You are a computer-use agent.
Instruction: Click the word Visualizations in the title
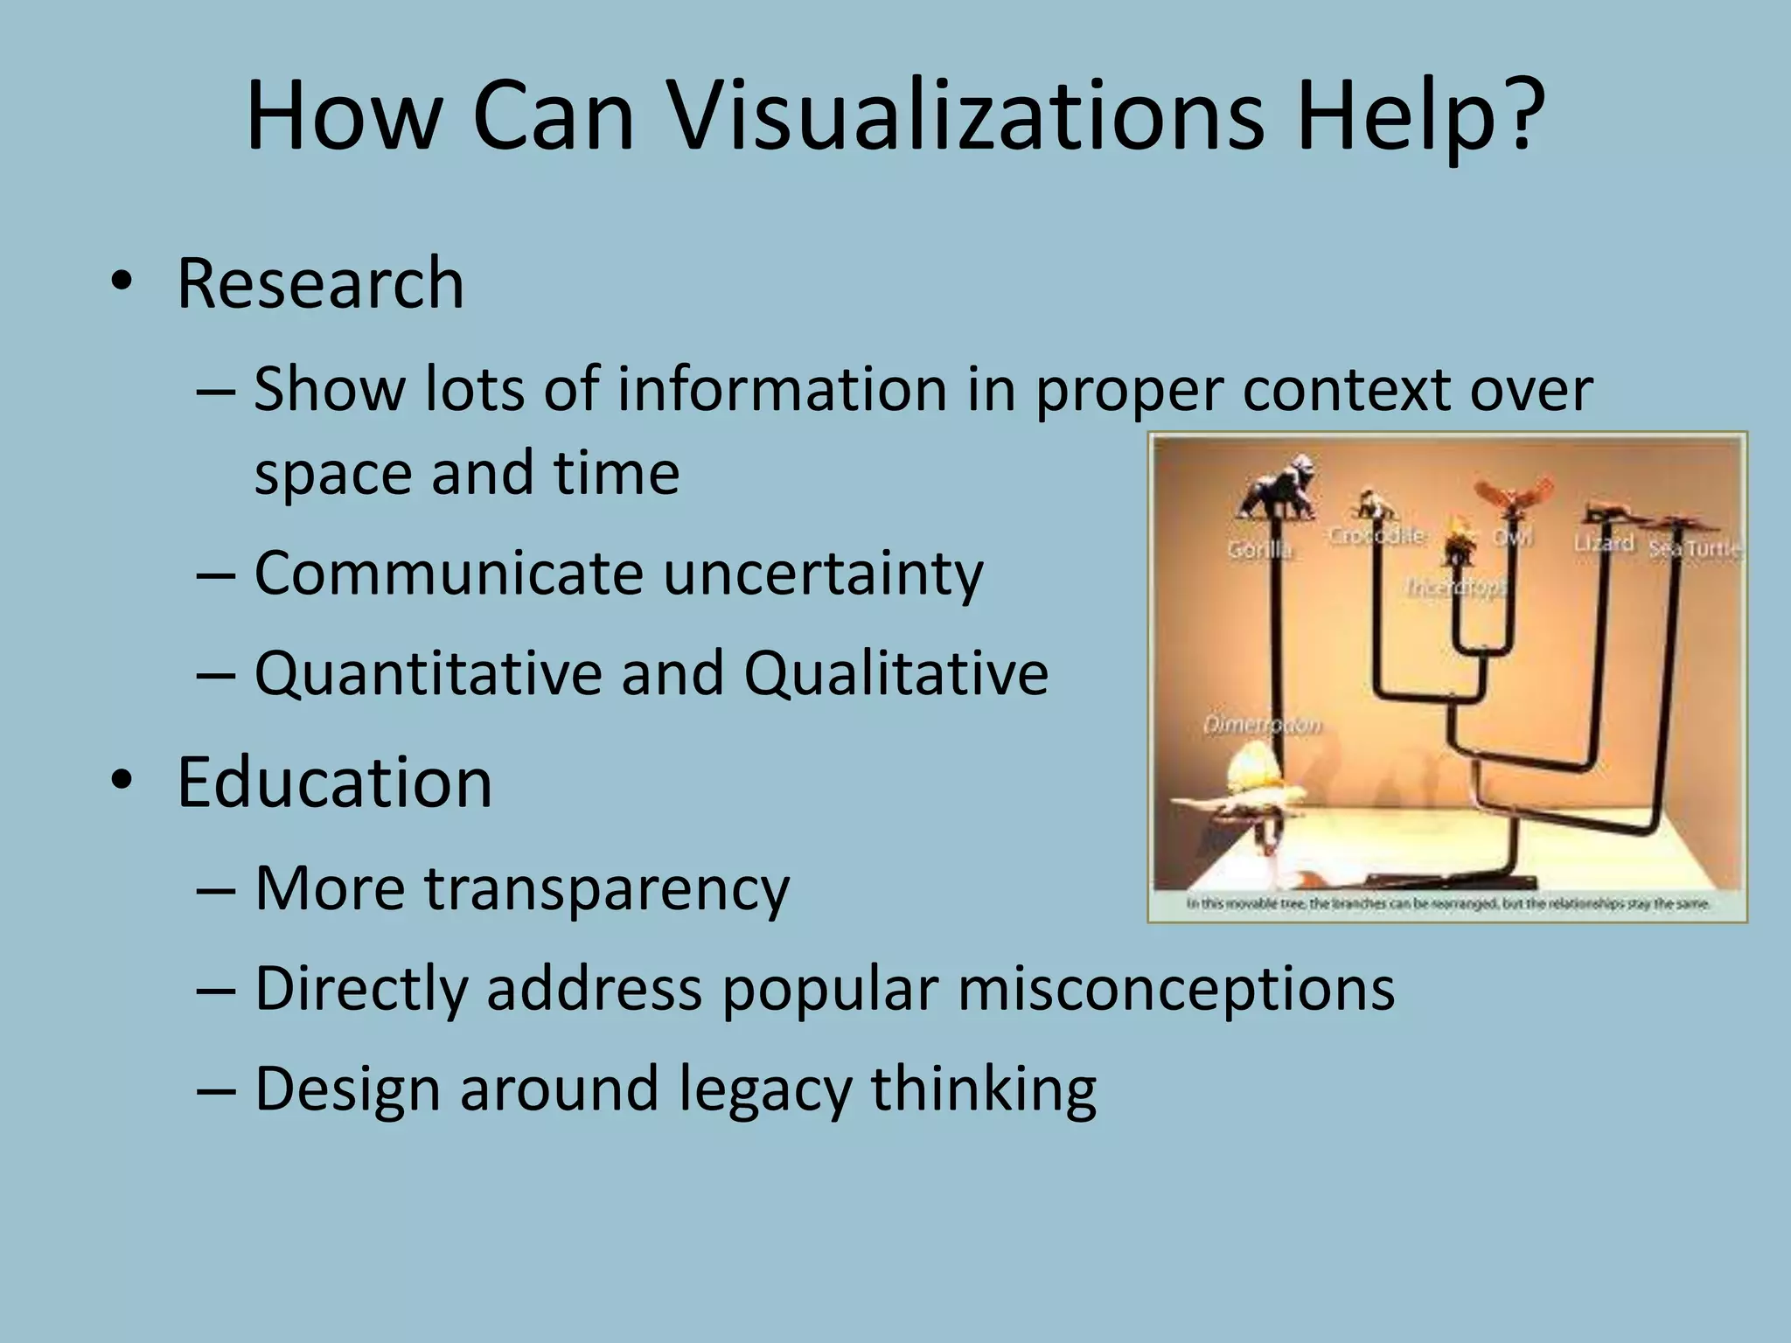pos(965,118)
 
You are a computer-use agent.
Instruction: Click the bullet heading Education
pos(334,782)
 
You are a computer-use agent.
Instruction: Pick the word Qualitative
pos(895,673)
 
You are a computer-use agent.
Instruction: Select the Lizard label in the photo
pos(1603,543)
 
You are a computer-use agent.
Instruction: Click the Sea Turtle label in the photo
pos(1694,548)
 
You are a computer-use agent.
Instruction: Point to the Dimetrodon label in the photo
pos(1262,725)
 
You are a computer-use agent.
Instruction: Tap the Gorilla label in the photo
pos(1259,549)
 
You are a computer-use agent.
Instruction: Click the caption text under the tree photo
pos(1447,903)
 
